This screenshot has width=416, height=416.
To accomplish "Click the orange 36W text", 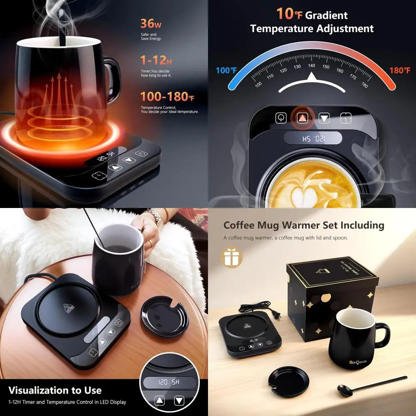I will (151, 23).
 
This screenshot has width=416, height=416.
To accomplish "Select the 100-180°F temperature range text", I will (167, 97).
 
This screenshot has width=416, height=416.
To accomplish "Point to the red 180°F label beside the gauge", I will (400, 70).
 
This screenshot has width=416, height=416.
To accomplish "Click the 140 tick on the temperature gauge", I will (311, 66).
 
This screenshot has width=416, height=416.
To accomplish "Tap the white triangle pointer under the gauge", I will (312, 77).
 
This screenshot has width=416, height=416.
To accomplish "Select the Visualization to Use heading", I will (55, 390).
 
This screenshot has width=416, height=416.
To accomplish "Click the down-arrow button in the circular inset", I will (179, 401).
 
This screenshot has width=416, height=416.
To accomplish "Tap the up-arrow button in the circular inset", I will (160, 401).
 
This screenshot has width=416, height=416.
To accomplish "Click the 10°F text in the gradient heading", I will (290, 14).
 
